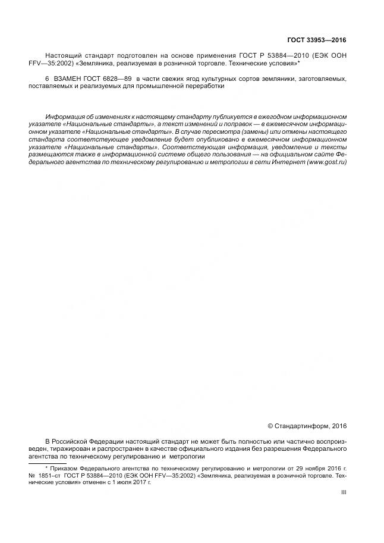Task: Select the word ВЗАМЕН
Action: [x=70, y=79]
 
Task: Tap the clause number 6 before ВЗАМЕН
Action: [x=47, y=79]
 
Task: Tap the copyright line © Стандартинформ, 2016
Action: [x=307, y=425]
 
